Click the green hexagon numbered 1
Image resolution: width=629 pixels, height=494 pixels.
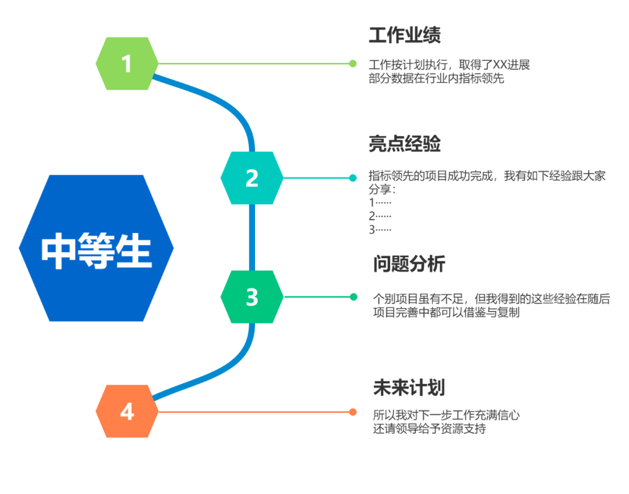coord(127,63)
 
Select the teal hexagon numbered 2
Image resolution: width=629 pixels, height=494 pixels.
coord(252,178)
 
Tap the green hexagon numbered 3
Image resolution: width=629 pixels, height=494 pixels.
coord(252,297)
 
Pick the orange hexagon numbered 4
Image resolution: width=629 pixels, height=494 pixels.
coord(127,411)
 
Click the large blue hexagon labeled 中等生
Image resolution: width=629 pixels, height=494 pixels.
coord(96,248)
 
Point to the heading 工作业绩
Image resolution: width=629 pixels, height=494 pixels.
coord(404,36)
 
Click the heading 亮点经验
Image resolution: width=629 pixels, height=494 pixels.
coord(404,144)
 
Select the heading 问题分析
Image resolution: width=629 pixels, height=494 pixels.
coord(409,264)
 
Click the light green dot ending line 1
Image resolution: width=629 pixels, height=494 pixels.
coord(353,63)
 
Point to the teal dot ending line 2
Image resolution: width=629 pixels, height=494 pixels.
coord(353,178)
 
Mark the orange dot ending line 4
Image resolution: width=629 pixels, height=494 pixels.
coord(353,412)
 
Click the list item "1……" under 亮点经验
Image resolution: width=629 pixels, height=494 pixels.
coord(380,203)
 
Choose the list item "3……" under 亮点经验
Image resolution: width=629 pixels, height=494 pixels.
coord(380,229)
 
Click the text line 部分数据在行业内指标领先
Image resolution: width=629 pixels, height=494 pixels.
coord(436,79)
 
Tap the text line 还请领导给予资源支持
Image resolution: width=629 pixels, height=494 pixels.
coord(429,429)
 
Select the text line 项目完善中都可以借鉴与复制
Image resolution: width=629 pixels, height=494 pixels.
coord(446,313)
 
